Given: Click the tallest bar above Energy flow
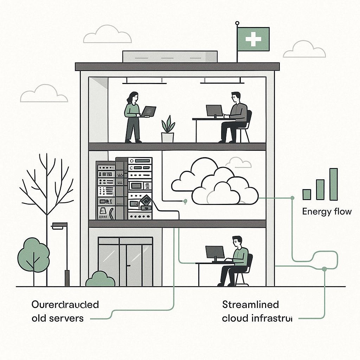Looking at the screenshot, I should [333, 184].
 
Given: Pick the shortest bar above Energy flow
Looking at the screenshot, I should [307, 194].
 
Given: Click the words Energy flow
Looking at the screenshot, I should [327, 212].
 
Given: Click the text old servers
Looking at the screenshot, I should [58, 318].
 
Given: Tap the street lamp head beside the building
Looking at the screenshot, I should [59, 225].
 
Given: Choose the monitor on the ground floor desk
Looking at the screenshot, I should [215, 252].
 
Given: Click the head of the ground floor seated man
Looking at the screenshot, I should [237, 242].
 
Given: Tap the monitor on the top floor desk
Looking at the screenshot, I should [214, 111].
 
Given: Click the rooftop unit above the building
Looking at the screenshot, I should [169, 56].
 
